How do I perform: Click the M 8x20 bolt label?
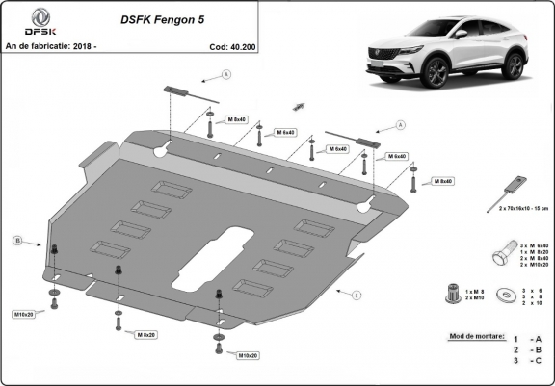pos(145,334)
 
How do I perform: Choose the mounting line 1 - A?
pos(527,339)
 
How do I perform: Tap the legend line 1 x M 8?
pos(472,290)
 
